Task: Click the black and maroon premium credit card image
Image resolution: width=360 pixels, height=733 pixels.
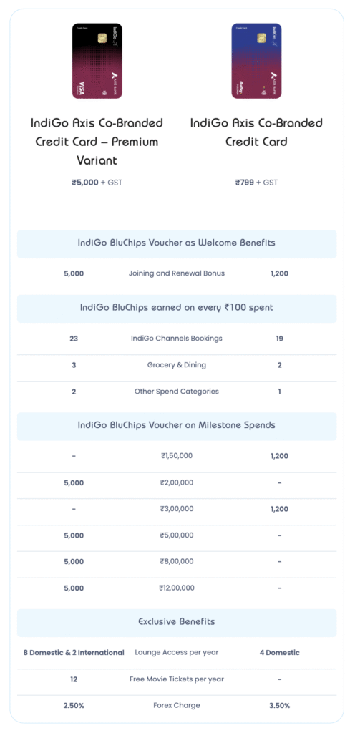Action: point(97,61)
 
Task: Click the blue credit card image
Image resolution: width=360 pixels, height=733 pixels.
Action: point(256,61)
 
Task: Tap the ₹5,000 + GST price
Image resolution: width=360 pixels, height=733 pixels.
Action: point(97,183)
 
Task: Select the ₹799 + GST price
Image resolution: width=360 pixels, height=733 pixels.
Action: point(256,183)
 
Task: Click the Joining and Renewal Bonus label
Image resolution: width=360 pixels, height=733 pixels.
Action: point(176,273)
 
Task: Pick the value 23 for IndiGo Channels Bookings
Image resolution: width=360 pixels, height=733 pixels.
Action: point(74,339)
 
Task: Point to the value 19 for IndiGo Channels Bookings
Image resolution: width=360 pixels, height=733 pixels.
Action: point(279,339)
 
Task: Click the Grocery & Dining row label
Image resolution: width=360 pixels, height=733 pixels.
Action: point(176,365)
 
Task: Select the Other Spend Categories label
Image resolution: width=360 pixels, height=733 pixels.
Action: point(176,392)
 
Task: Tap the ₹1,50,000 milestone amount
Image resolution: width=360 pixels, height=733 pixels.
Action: point(176,456)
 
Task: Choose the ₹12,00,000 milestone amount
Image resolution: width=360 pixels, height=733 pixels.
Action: point(176,588)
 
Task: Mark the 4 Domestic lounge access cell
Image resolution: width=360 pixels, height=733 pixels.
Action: point(279,653)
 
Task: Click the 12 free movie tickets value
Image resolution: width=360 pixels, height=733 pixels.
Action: point(74,679)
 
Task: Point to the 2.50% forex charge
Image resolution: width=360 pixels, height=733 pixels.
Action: point(74,706)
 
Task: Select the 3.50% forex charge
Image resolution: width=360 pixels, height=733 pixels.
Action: point(279,706)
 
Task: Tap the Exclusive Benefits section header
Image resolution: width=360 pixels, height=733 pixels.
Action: point(176,622)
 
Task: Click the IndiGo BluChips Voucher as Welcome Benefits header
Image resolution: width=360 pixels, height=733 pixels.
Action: point(176,243)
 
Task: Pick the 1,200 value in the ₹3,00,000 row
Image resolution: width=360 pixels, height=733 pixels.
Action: point(279,509)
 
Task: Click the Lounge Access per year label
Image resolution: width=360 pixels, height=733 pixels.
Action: point(176,653)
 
